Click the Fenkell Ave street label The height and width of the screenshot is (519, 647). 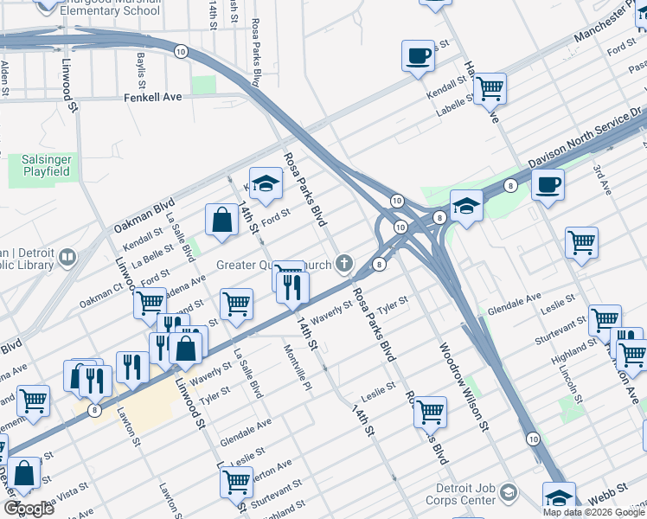point(152,98)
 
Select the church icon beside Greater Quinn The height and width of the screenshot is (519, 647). point(344,263)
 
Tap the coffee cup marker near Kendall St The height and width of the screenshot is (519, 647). point(418,56)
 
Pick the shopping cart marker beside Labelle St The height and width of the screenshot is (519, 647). point(490,86)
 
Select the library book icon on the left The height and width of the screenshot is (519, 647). point(67,257)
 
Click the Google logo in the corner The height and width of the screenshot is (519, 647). point(29,508)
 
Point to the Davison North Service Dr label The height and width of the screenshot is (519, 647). point(586,140)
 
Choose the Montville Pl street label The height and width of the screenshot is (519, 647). point(298,368)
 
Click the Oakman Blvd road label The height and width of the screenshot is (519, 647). point(139,218)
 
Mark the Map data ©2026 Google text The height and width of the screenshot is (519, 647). point(593,512)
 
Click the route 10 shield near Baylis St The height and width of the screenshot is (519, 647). point(180,52)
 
